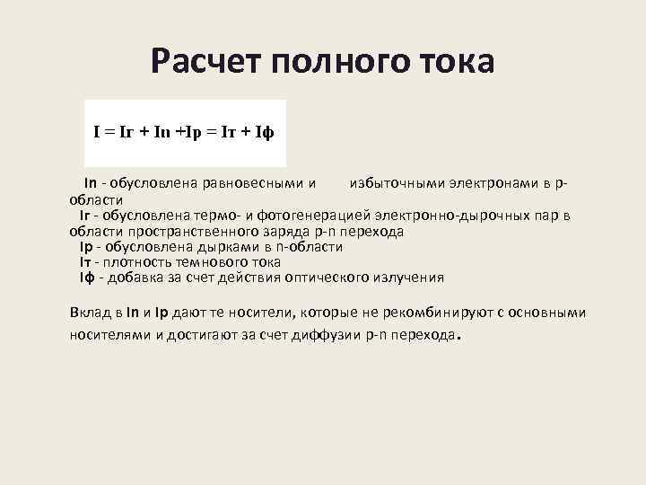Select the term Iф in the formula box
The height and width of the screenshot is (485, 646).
point(264,131)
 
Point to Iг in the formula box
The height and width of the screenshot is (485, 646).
point(127,131)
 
